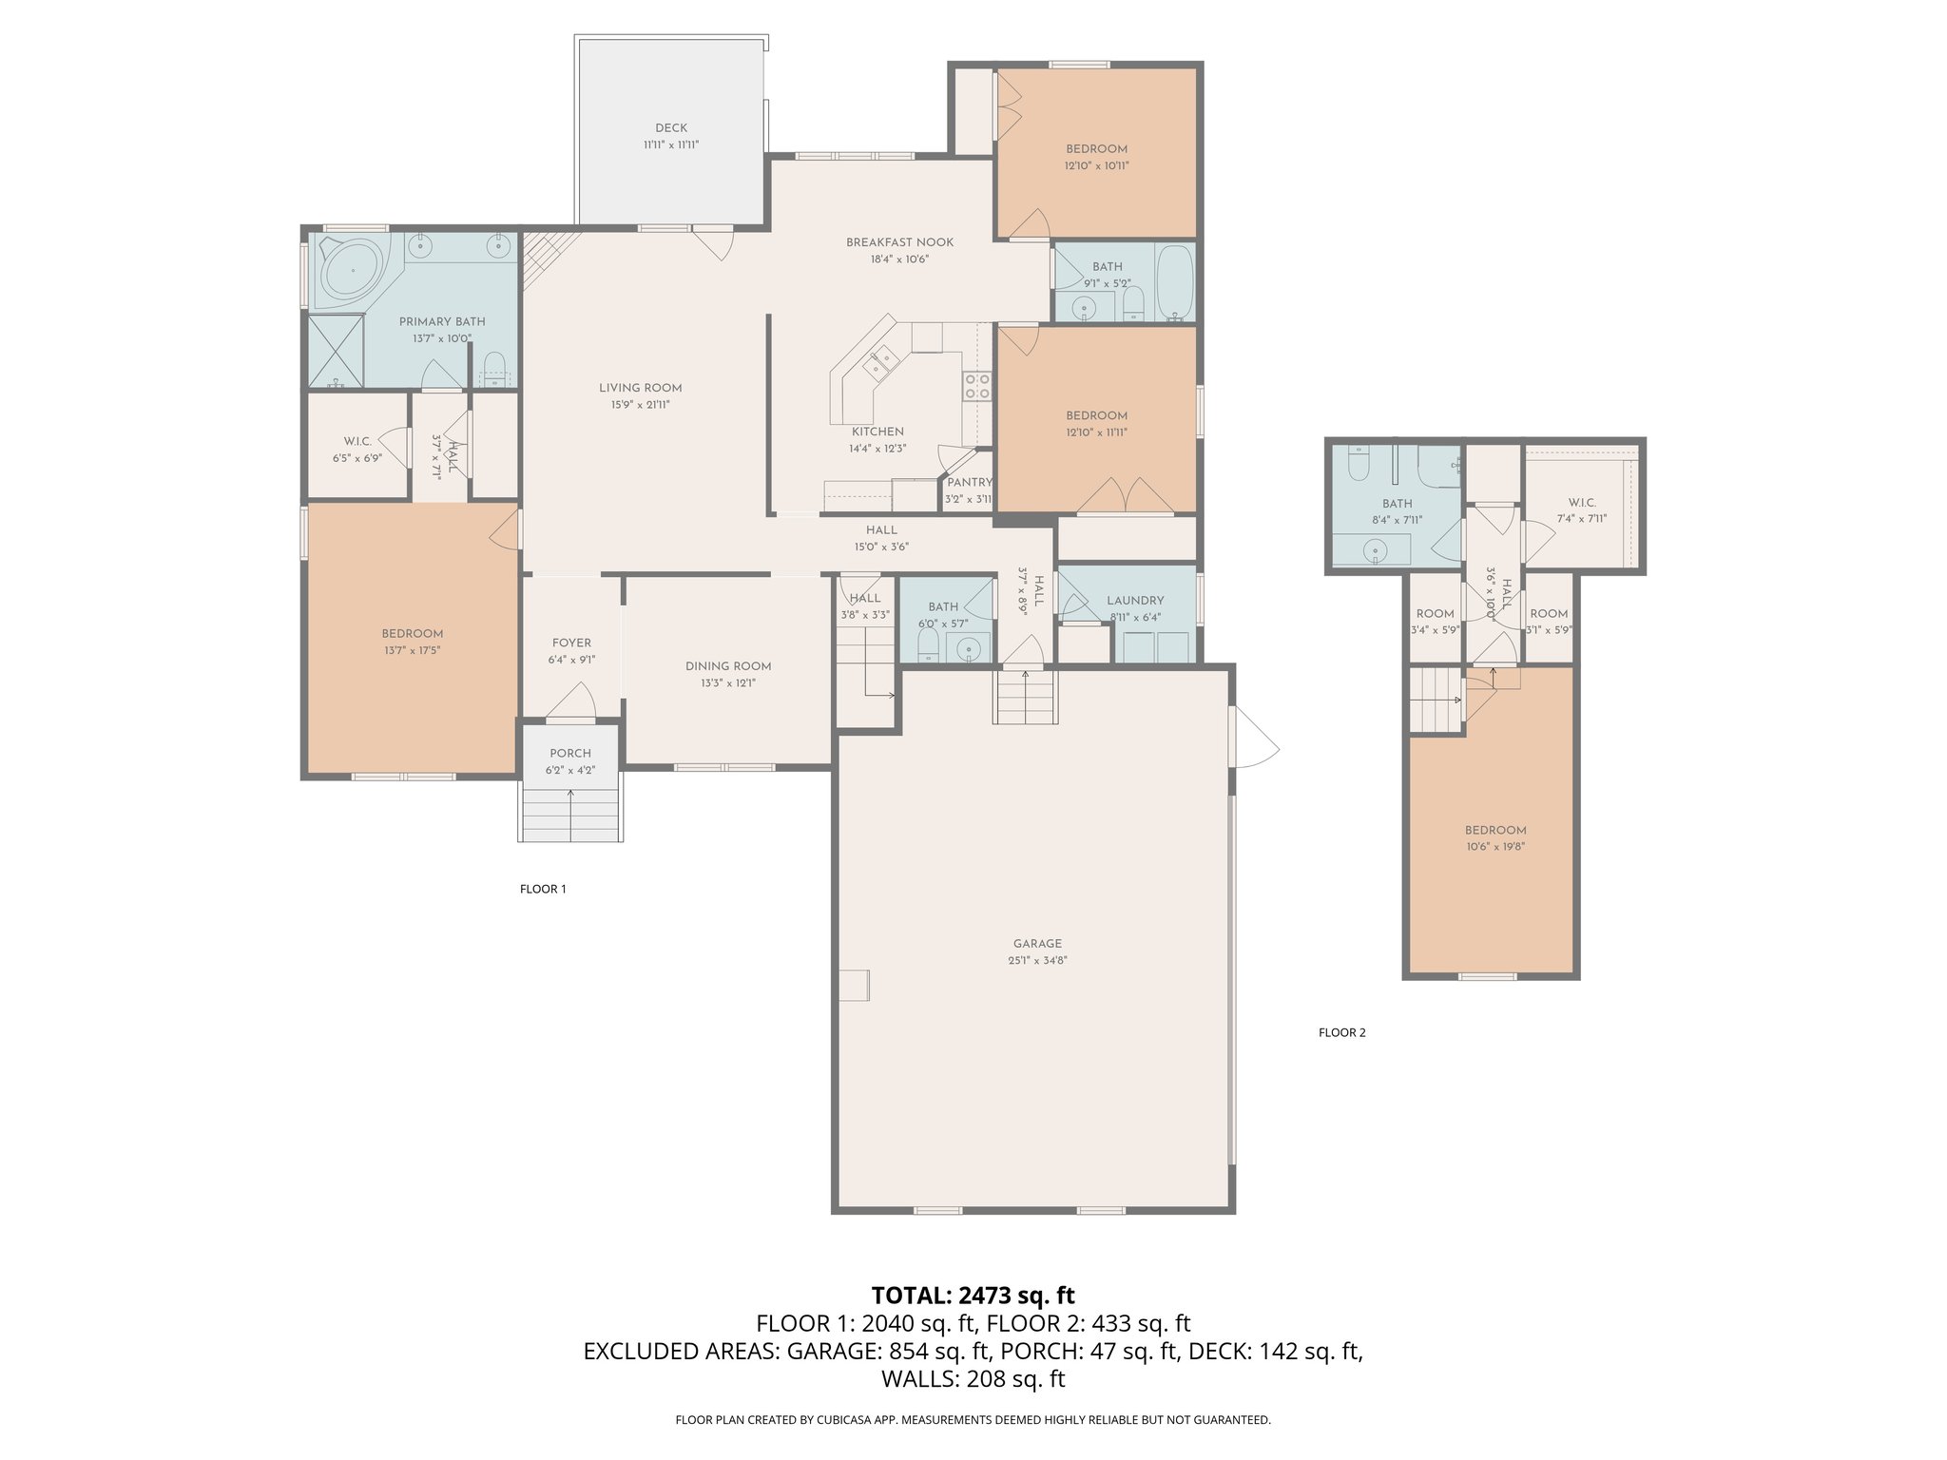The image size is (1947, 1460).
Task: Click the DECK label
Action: point(670,128)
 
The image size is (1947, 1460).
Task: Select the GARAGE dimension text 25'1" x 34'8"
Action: point(1036,961)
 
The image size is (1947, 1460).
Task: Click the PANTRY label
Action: point(969,483)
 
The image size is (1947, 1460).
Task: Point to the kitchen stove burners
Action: point(977,386)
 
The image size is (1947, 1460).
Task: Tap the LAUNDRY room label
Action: point(1135,601)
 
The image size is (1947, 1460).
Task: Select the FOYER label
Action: point(571,644)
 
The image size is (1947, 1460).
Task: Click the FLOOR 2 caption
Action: point(1341,1032)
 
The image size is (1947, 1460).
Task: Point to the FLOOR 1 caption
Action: point(543,890)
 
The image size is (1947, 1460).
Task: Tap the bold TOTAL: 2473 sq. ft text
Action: point(973,1296)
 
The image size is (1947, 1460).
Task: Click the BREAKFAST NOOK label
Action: point(899,242)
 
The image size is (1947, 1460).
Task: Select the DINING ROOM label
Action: point(728,666)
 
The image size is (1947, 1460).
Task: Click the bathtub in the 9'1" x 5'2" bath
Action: point(1174,281)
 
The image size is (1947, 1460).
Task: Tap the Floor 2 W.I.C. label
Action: point(1581,503)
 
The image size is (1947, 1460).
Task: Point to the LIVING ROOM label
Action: point(640,388)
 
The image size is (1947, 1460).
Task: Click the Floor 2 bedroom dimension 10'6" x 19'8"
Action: point(1494,847)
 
